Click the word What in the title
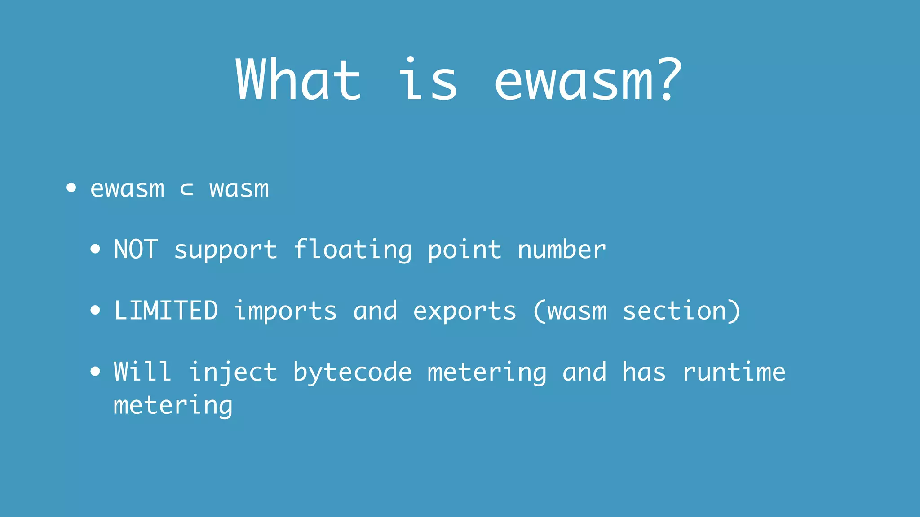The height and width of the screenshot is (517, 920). coord(298,80)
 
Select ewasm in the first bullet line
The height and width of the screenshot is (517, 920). coord(127,188)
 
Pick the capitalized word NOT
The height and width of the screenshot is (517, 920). coord(136,250)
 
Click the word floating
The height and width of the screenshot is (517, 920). coord(353,250)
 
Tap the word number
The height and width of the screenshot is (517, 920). coord(562,250)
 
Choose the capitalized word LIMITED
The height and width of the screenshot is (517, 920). coord(166,311)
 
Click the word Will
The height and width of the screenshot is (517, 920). coord(142,372)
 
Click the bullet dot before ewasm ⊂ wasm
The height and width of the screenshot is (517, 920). coord(71,188)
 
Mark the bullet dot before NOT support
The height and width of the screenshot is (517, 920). coord(95,249)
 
